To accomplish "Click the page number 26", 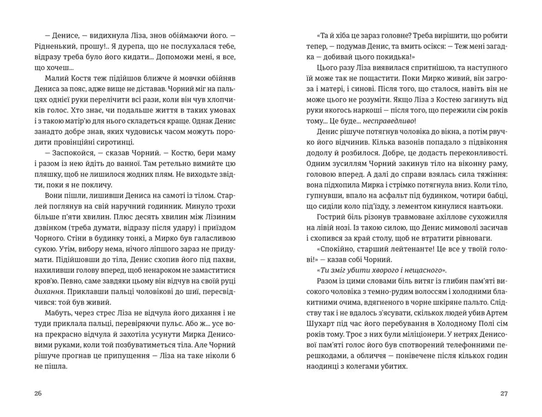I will coord(37,393).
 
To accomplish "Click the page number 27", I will coord(504,393).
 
